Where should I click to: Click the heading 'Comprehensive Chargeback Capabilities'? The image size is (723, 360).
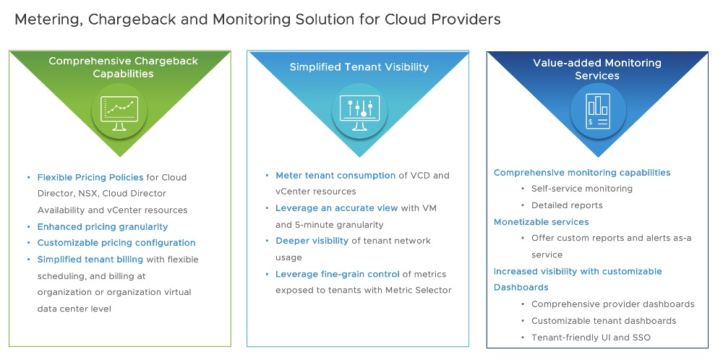coord(123,67)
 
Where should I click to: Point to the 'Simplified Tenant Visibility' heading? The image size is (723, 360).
coord(359,67)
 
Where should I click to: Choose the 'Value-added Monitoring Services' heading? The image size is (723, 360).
coord(597,69)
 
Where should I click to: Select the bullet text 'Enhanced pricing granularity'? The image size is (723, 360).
coord(103,226)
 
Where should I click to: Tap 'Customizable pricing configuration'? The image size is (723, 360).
coord(116,243)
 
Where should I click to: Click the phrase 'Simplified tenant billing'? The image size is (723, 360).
coord(90,259)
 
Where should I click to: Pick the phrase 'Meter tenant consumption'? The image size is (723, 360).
coord(335,175)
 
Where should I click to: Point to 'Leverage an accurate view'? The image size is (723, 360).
coord(336,208)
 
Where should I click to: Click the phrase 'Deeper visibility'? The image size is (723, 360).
coord(312,241)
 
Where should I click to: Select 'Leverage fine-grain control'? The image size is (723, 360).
coord(337,274)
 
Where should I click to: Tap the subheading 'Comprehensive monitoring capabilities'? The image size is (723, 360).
coord(582,173)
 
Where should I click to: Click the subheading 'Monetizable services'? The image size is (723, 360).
coord(541,222)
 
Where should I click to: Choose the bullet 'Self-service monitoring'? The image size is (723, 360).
coord(581,189)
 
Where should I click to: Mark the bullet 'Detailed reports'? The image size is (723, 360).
coord(567,205)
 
